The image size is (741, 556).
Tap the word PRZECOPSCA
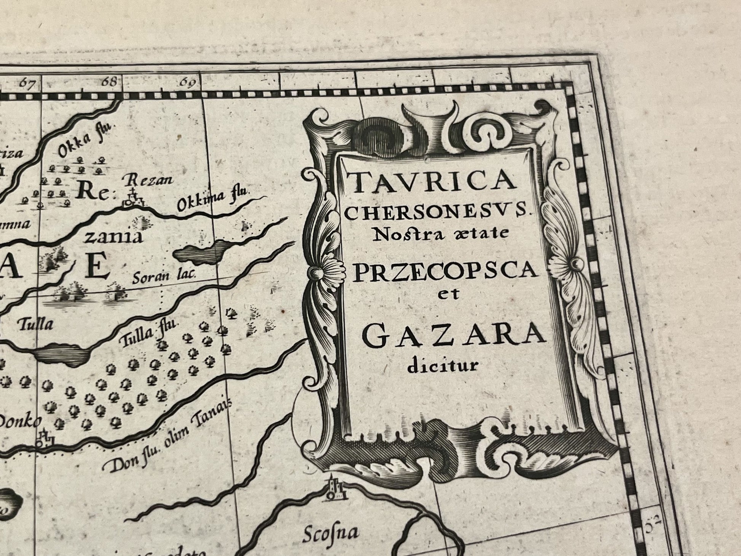pos(445,271)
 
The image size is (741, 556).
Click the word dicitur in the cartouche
pos(442,366)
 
